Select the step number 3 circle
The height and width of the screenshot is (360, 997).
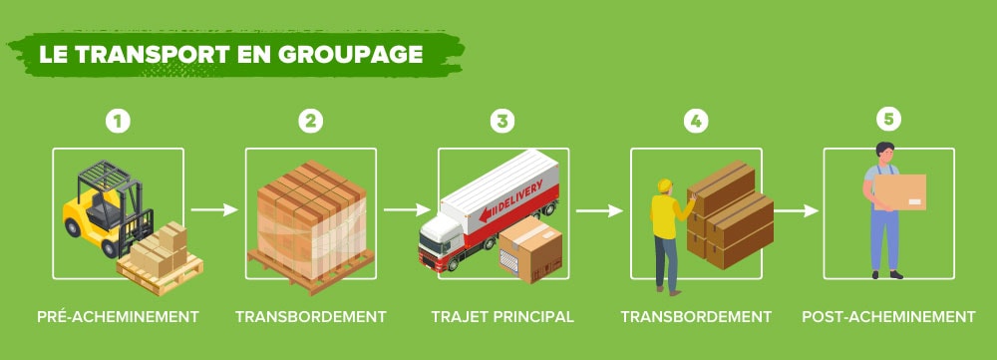tap(503, 121)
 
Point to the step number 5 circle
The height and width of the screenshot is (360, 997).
tap(888, 119)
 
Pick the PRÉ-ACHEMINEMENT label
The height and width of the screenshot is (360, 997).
tap(118, 317)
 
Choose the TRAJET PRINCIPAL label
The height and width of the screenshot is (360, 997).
tap(502, 317)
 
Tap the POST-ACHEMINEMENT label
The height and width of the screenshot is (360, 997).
tap(888, 317)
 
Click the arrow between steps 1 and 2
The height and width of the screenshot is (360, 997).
tap(214, 210)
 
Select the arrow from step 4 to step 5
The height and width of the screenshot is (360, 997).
tap(795, 210)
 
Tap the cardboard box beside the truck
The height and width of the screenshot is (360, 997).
tap(530, 249)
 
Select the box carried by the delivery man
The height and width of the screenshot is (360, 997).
tap(900, 190)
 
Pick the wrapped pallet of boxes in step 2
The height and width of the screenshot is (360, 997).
tap(310, 221)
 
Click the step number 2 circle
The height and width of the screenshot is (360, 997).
tap(311, 121)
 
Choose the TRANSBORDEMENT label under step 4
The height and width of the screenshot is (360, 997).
tap(696, 317)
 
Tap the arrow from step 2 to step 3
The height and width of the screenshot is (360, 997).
tap(407, 210)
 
